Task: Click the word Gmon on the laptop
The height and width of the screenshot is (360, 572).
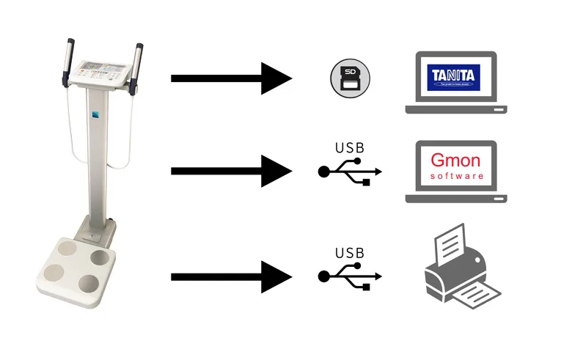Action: (x=456, y=161)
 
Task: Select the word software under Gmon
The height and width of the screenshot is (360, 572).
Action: (x=456, y=177)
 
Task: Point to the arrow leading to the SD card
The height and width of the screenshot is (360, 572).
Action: (x=232, y=78)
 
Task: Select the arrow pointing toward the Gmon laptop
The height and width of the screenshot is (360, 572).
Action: (x=232, y=171)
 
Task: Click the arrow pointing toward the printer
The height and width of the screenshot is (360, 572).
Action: (x=232, y=276)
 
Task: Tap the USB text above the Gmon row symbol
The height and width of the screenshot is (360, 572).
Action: (x=349, y=147)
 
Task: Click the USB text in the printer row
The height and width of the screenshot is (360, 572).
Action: (x=349, y=254)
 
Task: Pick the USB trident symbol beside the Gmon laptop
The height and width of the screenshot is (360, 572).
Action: (x=350, y=171)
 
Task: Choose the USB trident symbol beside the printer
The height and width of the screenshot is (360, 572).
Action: (x=350, y=276)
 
